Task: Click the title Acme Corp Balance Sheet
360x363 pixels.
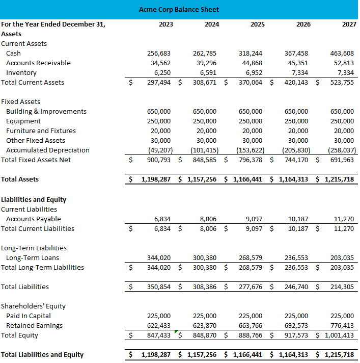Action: pos(179,9)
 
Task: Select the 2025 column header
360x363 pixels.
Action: pos(257,24)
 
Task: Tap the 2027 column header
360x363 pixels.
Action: pos(349,24)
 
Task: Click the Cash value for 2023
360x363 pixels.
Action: pos(159,53)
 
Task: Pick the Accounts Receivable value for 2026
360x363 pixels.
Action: pos(297,63)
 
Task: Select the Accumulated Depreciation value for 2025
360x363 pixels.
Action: pos(250,150)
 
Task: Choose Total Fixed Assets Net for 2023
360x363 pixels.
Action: pos(159,160)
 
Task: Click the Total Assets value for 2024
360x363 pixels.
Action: pos(202,179)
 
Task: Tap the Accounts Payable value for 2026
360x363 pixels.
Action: pos(298,219)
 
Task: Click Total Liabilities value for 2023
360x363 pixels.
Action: pos(159,287)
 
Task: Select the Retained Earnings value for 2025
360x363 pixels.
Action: pos(251,325)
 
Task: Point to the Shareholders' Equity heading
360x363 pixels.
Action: pos(33,306)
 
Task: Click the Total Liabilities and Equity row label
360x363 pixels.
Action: pos(42,354)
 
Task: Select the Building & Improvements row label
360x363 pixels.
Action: pos(46,111)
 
